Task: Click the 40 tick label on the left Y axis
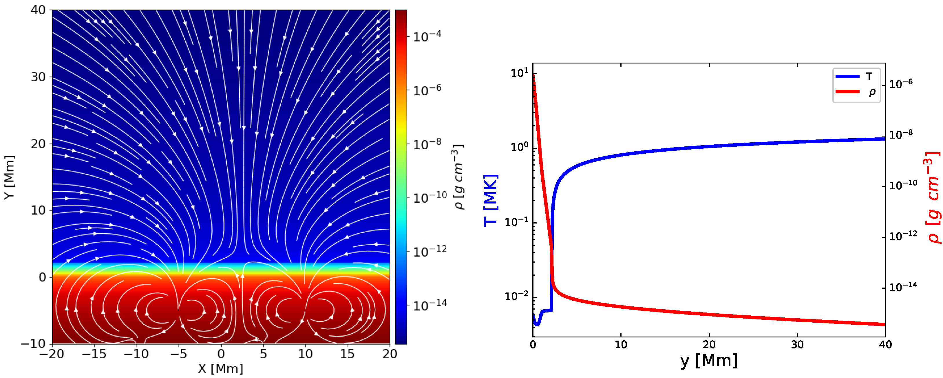(38, 10)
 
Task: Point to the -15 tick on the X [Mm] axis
(94, 354)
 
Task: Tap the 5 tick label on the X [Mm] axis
(263, 354)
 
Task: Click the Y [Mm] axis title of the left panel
(10, 177)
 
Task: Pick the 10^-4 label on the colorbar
(427, 36)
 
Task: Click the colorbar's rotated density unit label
(459, 177)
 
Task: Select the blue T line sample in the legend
(847, 76)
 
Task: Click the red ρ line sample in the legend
(847, 91)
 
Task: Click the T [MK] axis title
(491, 200)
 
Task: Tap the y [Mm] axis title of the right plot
(709, 361)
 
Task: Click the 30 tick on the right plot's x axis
(797, 345)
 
